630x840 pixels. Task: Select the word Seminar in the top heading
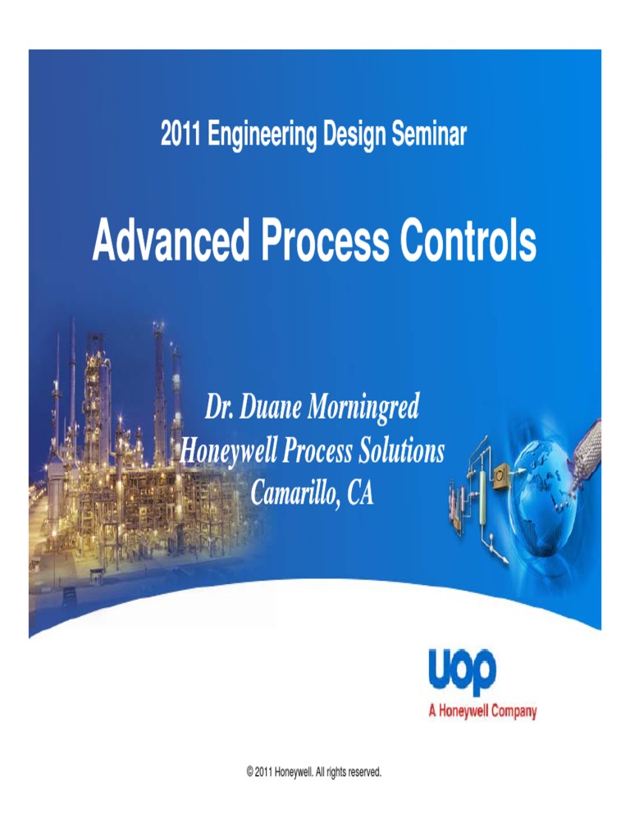click(x=427, y=134)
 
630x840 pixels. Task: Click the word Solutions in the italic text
click(x=399, y=450)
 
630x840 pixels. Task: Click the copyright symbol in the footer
click(x=249, y=772)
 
